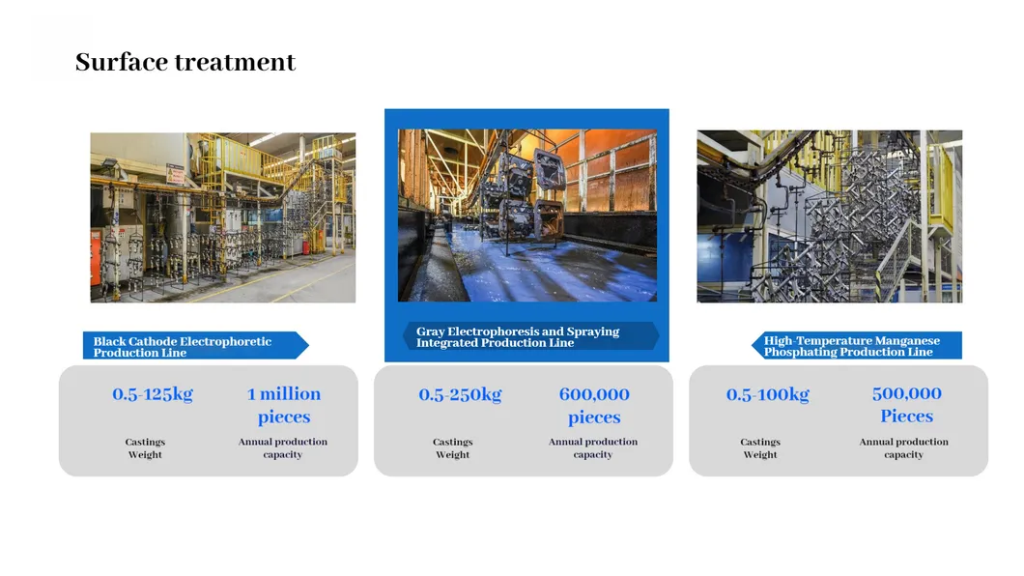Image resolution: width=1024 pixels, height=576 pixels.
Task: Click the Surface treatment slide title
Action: point(185,63)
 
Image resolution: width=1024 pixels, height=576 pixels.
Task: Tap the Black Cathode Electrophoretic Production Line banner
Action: point(188,346)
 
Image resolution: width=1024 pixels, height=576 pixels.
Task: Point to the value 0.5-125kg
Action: point(153,394)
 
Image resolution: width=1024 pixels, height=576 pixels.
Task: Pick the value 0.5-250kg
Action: point(460,394)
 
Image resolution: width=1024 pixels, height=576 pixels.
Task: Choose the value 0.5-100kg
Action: point(768,394)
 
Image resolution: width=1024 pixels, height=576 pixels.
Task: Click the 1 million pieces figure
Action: point(284,405)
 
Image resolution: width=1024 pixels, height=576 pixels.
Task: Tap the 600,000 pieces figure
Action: point(594,406)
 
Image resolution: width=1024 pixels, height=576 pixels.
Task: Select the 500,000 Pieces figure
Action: point(906,405)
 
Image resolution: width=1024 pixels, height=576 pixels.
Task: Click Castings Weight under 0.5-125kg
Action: point(145,448)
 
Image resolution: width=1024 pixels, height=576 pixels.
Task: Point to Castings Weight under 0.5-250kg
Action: point(452,448)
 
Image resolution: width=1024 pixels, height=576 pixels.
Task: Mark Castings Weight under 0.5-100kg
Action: point(760,448)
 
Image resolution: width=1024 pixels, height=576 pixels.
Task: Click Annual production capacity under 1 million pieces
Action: point(283,448)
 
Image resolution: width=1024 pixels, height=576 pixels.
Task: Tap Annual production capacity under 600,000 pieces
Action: point(593,448)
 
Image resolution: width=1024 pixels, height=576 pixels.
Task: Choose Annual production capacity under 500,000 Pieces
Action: point(904,448)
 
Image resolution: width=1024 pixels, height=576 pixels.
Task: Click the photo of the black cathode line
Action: point(223,217)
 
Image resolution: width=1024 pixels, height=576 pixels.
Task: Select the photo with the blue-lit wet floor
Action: point(527,216)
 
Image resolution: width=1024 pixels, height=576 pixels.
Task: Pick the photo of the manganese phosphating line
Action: point(830,216)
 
